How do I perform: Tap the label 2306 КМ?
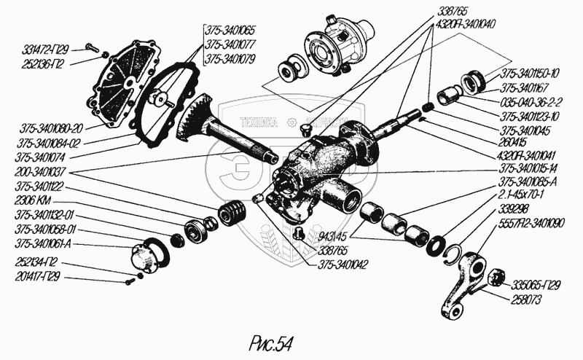coord(32,200)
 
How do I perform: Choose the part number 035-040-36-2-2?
coord(536,103)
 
